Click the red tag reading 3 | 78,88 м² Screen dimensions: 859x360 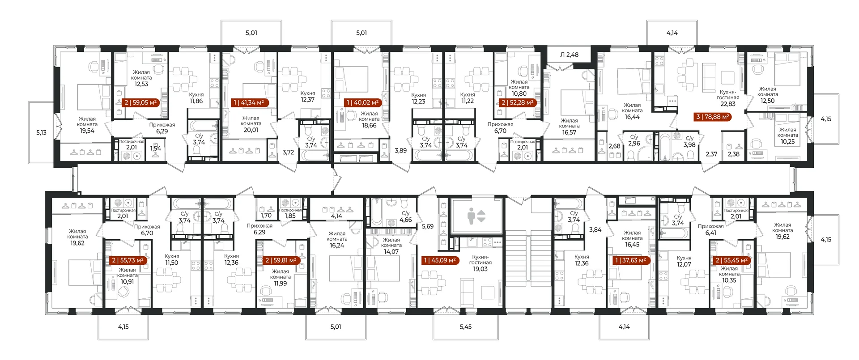pyautogui.click(x=713, y=117)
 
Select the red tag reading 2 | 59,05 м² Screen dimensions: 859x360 pyautogui.click(x=140, y=102)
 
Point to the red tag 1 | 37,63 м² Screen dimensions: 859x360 pyautogui.click(x=630, y=260)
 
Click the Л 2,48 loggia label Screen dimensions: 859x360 pyautogui.click(x=569, y=55)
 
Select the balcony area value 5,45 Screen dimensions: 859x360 pyautogui.click(x=466, y=327)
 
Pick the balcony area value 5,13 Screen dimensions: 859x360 pyautogui.click(x=41, y=132)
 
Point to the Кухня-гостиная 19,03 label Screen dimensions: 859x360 pyautogui.click(x=480, y=263)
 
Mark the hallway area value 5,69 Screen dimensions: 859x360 pyautogui.click(x=428, y=227)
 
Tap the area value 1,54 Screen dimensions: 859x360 pyautogui.click(x=155, y=148)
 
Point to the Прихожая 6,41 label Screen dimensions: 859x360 pyautogui.click(x=710, y=229)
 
